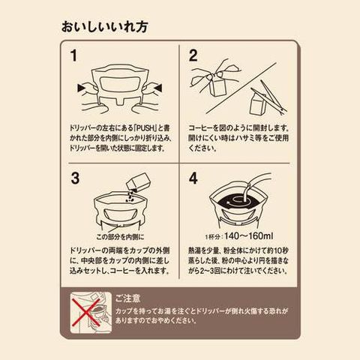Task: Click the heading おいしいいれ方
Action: click(x=105, y=27)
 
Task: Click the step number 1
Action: click(x=73, y=55)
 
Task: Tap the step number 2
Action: click(x=193, y=55)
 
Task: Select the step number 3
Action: click(x=75, y=178)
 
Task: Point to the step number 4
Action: click(x=193, y=178)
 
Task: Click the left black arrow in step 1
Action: click(x=81, y=88)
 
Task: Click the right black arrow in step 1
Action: click(x=158, y=88)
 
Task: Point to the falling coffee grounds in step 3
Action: click(x=130, y=196)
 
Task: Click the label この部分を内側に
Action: click(x=120, y=237)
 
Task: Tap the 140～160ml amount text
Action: click(x=249, y=235)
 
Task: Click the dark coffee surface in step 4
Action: click(x=235, y=202)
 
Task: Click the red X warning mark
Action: click(x=86, y=313)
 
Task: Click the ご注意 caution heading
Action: click(x=127, y=298)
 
